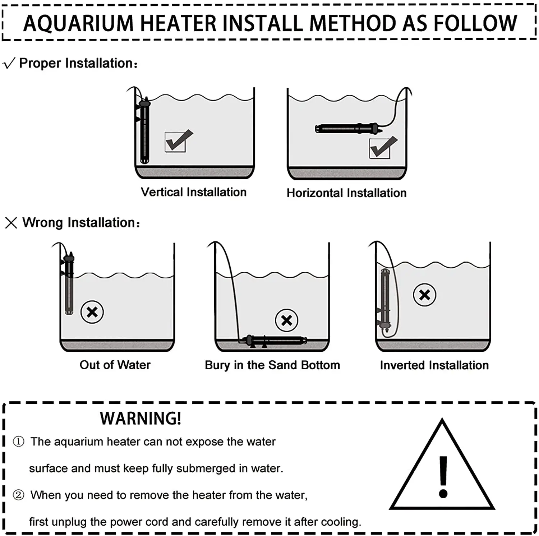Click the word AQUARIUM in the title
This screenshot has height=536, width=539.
pyautogui.click(x=78, y=24)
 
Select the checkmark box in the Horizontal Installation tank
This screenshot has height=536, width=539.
pyautogui.click(x=382, y=147)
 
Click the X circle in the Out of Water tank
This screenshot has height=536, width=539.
pyautogui.click(x=92, y=312)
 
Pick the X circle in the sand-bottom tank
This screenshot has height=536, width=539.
pyautogui.click(x=286, y=320)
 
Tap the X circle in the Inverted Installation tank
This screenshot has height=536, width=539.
pyautogui.click(x=424, y=295)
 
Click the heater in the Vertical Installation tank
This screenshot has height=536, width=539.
pyautogui.click(x=144, y=131)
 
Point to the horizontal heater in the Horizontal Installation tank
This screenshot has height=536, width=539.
pyautogui.click(x=347, y=128)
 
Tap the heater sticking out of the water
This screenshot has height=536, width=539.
pyautogui.click(x=69, y=284)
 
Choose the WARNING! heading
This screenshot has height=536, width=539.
pyautogui.click(x=140, y=418)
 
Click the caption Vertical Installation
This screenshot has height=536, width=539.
pyautogui.click(x=194, y=192)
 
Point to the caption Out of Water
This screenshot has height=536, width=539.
pyautogui.click(x=115, y=365)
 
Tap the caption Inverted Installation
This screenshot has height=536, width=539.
pyautogui.click(x=434, y=365)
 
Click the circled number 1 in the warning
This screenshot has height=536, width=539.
pyautogui.click(x=19, y=442)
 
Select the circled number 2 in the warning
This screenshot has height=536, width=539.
pyautogui.click(x=19, y=495)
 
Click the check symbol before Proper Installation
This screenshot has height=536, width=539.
pyautogui.click(x=9, y=63)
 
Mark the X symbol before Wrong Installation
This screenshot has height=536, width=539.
pyautogui.click(x=11, y=223)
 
